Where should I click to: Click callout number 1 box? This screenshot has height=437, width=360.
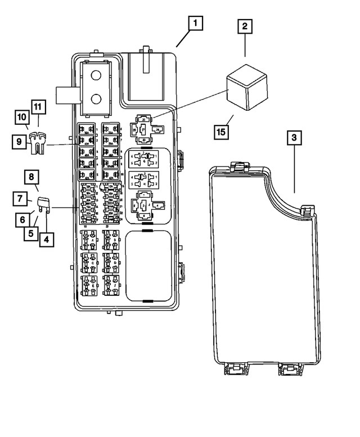195,24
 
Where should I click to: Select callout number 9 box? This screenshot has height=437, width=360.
19,142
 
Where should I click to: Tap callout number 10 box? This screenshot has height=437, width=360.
22,117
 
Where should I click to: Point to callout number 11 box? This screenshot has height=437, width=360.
38,106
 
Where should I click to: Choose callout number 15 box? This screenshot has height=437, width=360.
223,133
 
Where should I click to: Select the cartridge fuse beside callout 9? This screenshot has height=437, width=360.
38,142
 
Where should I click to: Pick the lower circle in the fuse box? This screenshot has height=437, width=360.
96,100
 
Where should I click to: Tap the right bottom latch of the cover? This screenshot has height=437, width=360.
290,369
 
